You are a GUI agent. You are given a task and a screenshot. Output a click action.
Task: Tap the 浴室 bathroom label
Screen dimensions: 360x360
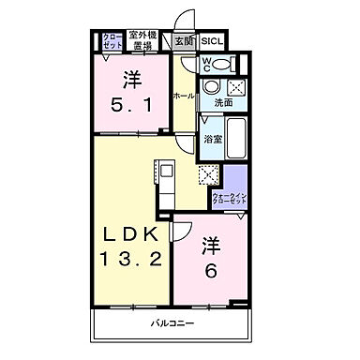(x=212, y=140)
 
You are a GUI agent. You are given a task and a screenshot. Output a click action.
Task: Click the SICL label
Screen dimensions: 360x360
(x=212, y=41)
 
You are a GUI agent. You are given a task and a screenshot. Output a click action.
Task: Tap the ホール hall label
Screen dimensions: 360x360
(x=183, y=97)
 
